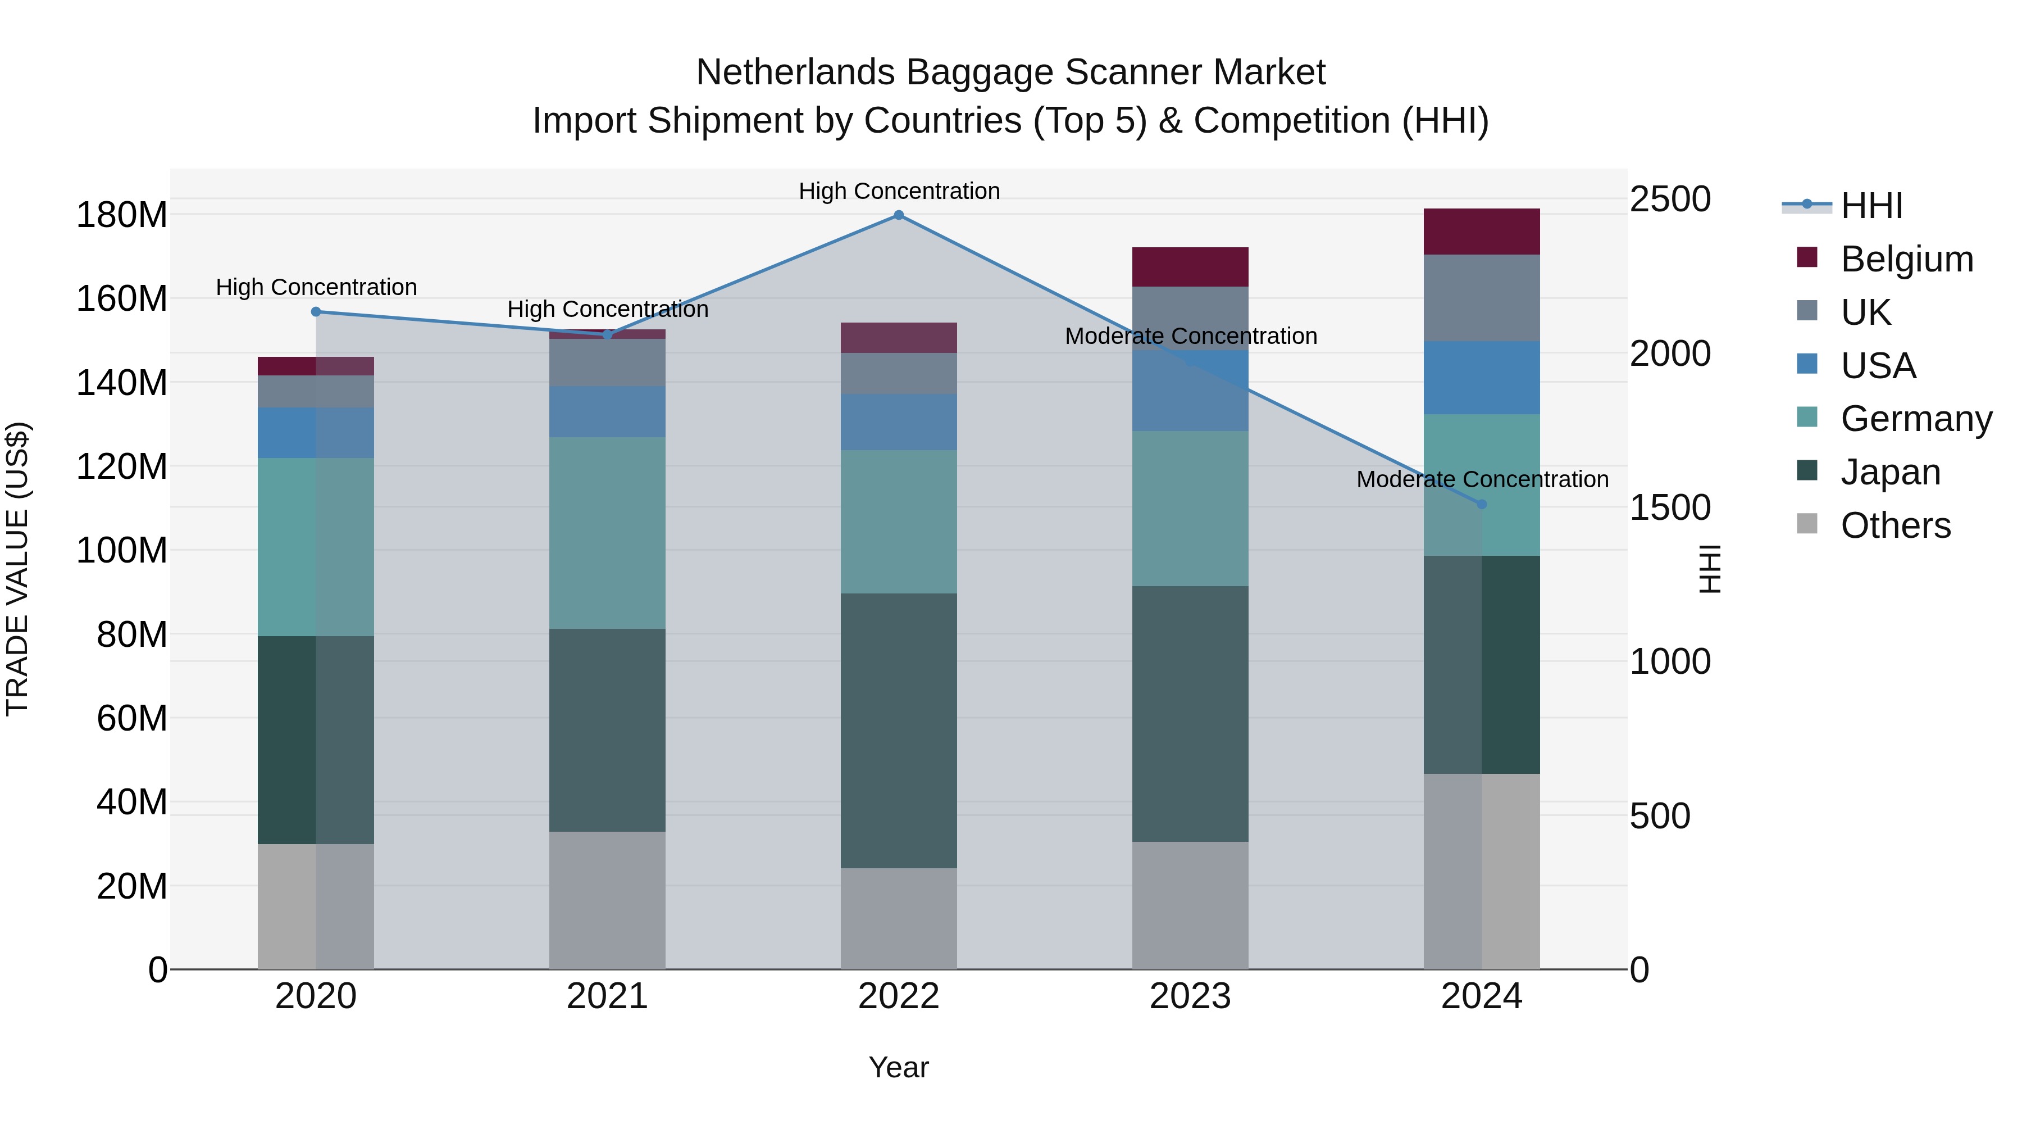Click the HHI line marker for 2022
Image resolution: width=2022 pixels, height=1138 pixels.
(x=899, y=215)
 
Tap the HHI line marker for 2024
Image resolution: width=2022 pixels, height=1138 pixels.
(x=1481, y=504)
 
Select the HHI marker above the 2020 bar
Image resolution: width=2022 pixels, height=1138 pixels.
(x=316, y=312)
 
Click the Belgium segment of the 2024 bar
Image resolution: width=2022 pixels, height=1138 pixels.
(x=1481, y=232)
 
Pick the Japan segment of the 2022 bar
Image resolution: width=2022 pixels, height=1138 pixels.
(x=899, y=731)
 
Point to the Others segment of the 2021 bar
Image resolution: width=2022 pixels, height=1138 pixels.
(x=607, y=900)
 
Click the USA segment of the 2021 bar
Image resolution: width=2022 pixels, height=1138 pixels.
(x=607, y=411)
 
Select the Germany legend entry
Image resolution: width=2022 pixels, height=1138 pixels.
(x=1916, y=419)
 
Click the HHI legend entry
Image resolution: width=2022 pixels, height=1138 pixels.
(x=1871, y=206)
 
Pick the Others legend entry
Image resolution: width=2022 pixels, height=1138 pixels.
(x=1895, y=525)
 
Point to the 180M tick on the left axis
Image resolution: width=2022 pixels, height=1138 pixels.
(x=122, y=215)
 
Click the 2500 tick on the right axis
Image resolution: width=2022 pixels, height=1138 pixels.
(x=1670, y=200)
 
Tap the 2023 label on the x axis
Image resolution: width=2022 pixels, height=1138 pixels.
(x=1190, y=996)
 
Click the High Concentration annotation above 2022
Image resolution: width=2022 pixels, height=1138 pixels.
(x=899, y=191)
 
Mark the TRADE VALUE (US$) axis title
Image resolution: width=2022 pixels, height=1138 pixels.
(x=17, y=569)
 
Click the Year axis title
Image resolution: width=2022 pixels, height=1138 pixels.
(x=899, y=1067)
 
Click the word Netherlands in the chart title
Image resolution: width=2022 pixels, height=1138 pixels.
(x=796, y=72)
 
